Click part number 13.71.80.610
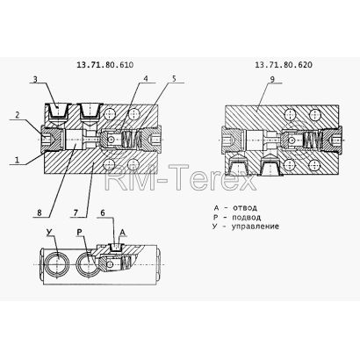coord(104,65)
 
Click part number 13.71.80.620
coord(284,65)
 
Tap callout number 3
coord(35,79)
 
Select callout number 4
coord(146,78)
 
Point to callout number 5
coord(174,78)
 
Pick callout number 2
coord(18,115)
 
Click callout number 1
coord(17,160)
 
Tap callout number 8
coord(40,212)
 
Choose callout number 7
coord(76,212)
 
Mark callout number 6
coord(103,212)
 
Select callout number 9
coord(272,79)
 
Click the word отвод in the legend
coord(245,208)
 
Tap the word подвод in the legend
coord(246,218)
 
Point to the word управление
coord(256,227)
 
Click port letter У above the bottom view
coord(49,232)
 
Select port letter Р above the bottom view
coord(80,232)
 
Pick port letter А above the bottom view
coord(123,232)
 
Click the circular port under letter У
coord(58,264)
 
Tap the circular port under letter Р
coord(89,264)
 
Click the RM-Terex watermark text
coord(181,178)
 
